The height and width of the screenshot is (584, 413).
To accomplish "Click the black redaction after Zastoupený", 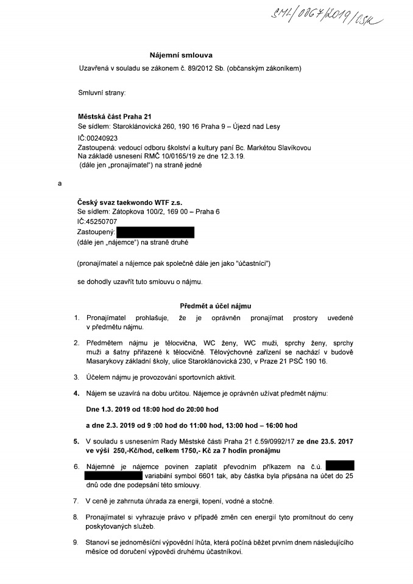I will pyautogui.click(x=155, y=232).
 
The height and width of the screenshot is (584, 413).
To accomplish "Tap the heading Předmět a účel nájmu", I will pyautogui.click(x=215, y=306).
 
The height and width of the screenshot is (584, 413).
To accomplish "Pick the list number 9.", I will pyautogui.click(x=76, y=542).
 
